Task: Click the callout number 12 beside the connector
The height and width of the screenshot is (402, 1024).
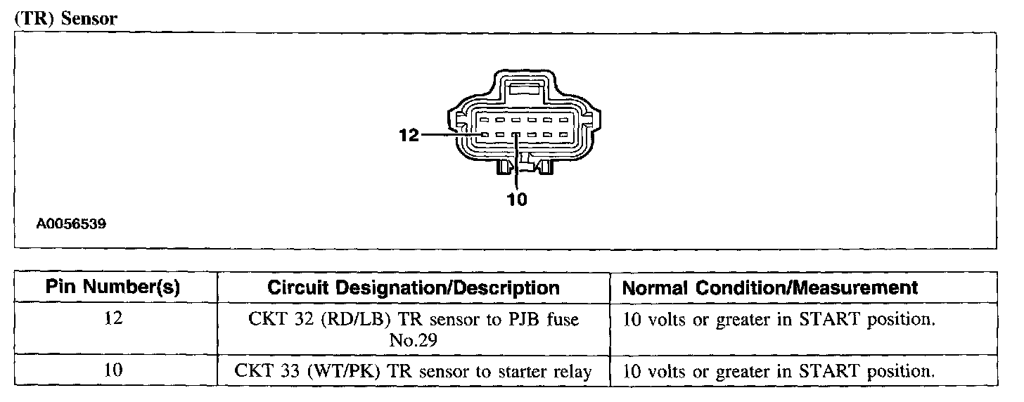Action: click(408, 135)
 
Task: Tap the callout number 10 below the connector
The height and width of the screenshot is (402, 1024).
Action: click(516, 200)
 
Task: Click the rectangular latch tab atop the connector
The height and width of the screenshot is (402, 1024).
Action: click(526, 89)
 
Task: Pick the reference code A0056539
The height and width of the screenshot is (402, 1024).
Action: click(72, 224)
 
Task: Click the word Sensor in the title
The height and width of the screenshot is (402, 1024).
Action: click(89, 19)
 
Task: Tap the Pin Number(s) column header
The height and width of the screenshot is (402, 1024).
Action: click(113, 287)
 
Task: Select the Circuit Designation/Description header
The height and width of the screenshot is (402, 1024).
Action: click(414, 287)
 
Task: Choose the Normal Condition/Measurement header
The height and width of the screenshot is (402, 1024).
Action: click(770, 287)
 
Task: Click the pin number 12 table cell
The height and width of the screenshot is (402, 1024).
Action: click(113, 318)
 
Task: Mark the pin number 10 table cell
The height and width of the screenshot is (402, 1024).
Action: click(113, 370)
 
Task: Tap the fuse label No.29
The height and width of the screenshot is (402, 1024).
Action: click(414, 340)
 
